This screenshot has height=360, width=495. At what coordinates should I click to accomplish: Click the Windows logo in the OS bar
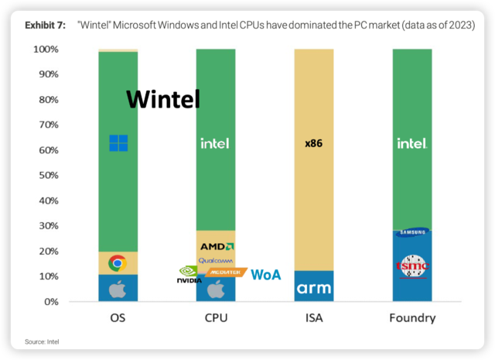pyautogui.click(x=118, y=143)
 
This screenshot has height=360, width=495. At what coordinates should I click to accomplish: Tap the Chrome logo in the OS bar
pyautogui.click(x=118, y=263)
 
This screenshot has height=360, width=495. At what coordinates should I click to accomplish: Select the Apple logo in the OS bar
pyautogui.click(x=118, y=289)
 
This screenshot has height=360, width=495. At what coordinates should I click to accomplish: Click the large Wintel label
pyautogui.click(x=163, y=99)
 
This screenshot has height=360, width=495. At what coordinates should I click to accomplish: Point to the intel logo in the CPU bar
pyautogui.click(x=215, y=143)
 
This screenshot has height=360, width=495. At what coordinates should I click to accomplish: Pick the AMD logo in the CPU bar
pyautogui.click(x=217, y=246)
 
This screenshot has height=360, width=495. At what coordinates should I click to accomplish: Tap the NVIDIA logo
pyautogui.click(x=189, y=276)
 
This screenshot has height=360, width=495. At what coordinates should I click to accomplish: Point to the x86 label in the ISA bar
pyautogui.click(x=313, y=143)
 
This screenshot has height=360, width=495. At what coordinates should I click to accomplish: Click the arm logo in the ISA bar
pyautogui.click(x=313, y=289)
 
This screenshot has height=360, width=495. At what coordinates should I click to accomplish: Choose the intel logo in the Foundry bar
pyautogui.click(x=411, y=143)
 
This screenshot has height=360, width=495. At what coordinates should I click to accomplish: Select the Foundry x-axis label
pyautogui.click(x=411, y=317)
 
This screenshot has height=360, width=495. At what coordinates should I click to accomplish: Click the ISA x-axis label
pyautogui.click(x=313, y=317)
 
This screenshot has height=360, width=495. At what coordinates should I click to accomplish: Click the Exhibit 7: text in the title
pyautogui.click(x=48, y=26)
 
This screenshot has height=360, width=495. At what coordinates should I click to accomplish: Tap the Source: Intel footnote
pyautogui.click(x=42, y=341)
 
